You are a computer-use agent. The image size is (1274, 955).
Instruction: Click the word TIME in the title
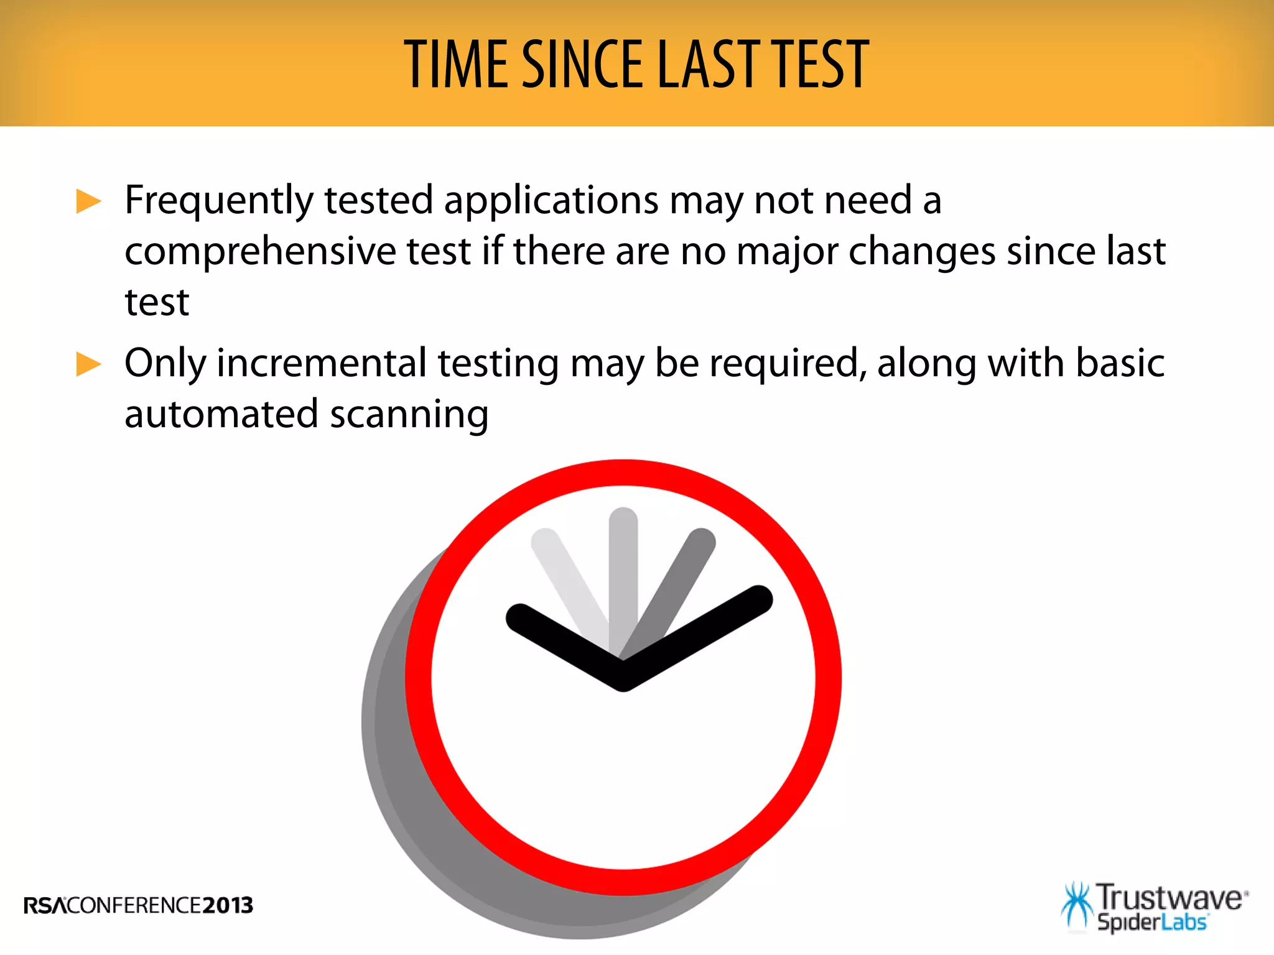pyautogui.click(x=457, y=63)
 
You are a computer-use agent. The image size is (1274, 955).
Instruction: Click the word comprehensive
pyautogui.click(x=261, y=252)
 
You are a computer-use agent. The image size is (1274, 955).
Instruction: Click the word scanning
pyautogui.click(x=409, y=415)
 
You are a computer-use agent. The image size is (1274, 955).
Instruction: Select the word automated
pyautogui.click(x=221, y=415)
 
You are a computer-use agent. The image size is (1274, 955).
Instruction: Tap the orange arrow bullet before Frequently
pyautogui.click(x=88, y=201)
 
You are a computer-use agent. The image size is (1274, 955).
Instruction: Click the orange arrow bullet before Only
pyautogui.click(x=88, y=364)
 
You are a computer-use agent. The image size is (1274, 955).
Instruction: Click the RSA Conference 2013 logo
pyautogui.click(x=138, y=905)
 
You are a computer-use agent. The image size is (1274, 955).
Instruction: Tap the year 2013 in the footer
pyautogui.click(x=228, y=905)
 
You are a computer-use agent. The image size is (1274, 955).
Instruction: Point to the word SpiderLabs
pyautogui.click(x=1151, y=922)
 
